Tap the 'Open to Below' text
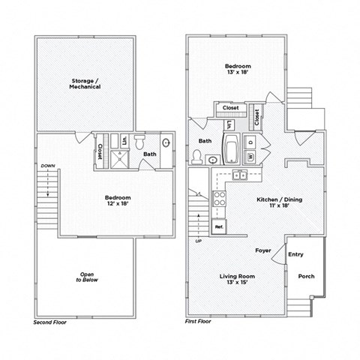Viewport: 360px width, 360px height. pyautogui.click(x=87, y=277)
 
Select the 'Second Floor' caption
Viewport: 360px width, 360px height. pyautogui.click(x=50, y=321)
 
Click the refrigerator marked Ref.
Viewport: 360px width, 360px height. pyautogui.click(x=220, y=226)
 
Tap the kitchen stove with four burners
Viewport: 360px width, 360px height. pyautogui.click(x=220, y=199)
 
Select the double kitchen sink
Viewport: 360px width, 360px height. pyautogui.click(x=241, y=175)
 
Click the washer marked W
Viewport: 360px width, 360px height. pyautogui.click(x=250, y=155)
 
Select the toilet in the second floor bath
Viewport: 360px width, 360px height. pyautogui.click(x=140, y=144)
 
